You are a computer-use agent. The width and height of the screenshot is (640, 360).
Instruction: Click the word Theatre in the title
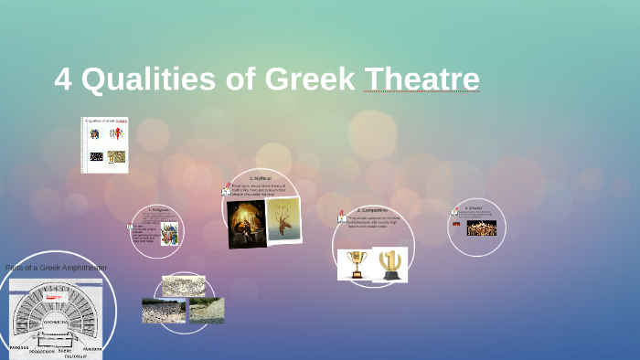click(x=421, y=79)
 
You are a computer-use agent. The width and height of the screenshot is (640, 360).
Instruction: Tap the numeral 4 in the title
click(x=63, y=80)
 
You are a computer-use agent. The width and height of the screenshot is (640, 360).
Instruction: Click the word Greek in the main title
click(x=310, y=79)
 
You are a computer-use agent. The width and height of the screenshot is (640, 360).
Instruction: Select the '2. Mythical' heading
click(x=261, y=178)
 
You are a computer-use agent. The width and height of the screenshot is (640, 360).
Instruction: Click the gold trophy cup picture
click(x=355, y=264)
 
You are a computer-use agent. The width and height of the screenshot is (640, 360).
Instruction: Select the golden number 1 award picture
click(x=390, y=264)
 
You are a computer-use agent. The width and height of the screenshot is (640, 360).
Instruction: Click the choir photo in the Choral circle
click(x=481, y=228)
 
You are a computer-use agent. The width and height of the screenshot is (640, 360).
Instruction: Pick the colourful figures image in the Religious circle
click(x=169, y=234)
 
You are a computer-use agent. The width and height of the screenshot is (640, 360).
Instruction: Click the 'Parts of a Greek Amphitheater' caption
click(x=56, y=268)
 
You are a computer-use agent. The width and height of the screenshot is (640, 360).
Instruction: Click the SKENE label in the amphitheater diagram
click(x=65, y=349)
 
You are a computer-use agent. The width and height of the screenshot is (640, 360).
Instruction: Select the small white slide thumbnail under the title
click(x=105, y=144)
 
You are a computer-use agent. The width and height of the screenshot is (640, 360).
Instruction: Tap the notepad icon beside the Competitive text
click(x=341, y=217)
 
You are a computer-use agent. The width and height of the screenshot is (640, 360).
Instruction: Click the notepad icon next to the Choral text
click(x=454, y=213)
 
